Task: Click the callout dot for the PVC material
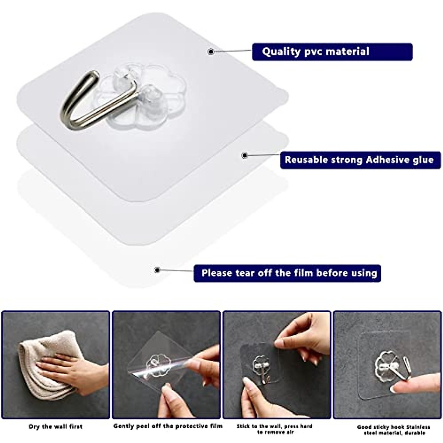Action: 211,52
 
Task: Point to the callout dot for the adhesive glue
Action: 244,155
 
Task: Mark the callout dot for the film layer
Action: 157,270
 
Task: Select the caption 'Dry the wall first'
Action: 56,427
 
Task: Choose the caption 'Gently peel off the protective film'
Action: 168,426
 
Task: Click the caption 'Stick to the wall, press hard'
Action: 274,426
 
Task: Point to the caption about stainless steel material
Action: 394,430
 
